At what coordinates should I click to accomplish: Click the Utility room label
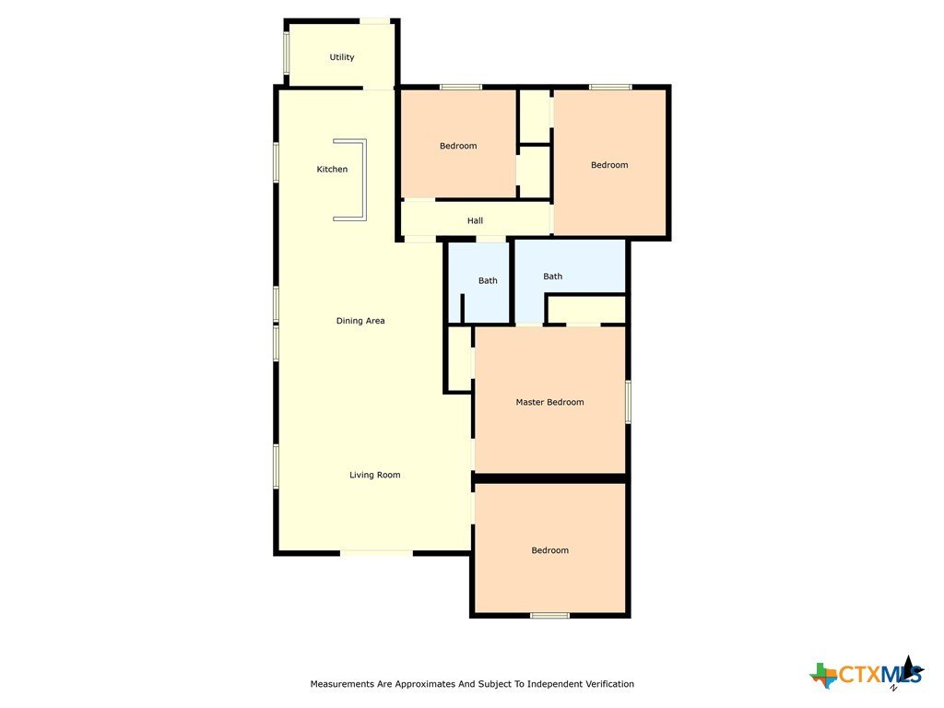coord(341,57)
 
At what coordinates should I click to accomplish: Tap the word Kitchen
coord(332,170)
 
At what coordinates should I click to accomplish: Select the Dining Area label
coord(360,321)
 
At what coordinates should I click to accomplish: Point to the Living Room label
coord(374,475)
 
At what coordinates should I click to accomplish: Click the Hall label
coord(475,221)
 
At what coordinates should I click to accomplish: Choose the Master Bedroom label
coord(549,402)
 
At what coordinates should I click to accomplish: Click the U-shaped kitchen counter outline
coord(364,180)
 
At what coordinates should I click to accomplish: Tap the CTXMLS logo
coord(867,674)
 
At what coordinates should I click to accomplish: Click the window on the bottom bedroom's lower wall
coord(549,615)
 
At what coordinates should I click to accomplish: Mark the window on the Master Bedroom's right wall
coord(627,402)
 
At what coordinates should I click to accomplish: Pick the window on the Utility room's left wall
coord(287,53)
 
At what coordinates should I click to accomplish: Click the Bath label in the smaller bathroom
coord(488,280)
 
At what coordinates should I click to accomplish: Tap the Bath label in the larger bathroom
coord(553,277)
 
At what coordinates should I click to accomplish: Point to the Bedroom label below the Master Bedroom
coord(549,550)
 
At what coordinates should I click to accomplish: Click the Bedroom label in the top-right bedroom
coord(609,165)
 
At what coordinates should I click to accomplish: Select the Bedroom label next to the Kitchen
coord(458,146)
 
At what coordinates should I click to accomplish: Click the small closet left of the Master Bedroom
coord(459,360)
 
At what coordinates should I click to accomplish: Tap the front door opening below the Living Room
coord(377,552)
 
